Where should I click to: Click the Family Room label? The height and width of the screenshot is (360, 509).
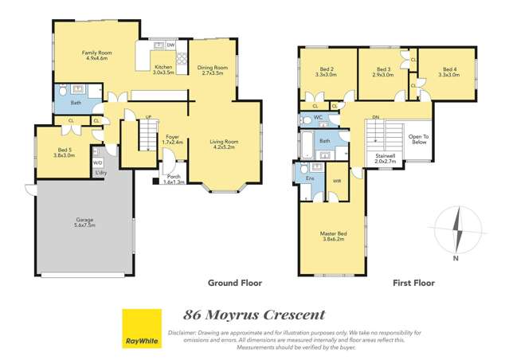point(94,56)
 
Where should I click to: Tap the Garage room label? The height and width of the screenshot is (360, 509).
point(82,221)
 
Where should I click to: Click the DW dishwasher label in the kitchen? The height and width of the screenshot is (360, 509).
point(170,45)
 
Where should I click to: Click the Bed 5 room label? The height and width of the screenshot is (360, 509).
point(65,152)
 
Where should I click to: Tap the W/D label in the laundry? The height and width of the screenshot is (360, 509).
point(97,160)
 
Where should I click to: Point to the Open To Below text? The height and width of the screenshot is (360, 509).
point(418,139)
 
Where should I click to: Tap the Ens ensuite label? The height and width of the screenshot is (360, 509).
point(309,178)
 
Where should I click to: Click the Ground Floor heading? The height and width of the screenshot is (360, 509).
point(234,283)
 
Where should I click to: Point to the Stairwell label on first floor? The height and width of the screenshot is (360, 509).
point(385,158)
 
